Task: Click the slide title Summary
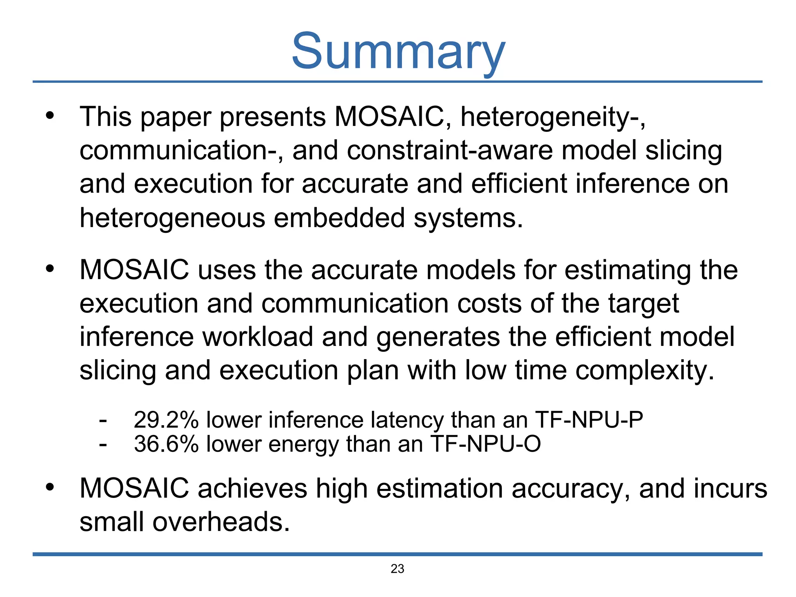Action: (x=398, y=51)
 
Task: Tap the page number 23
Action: (x=397, y=569)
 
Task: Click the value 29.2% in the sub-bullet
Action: (x=166, y=420)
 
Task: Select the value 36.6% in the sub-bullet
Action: (x=166, y=444)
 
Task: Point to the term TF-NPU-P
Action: (x=589, y=420)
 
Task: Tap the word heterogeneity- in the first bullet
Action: (x=552, y=117)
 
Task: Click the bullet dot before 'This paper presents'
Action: (x=49, y=115)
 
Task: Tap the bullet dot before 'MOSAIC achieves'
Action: (x=49, y=487)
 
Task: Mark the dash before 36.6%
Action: (x=103, y=445)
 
